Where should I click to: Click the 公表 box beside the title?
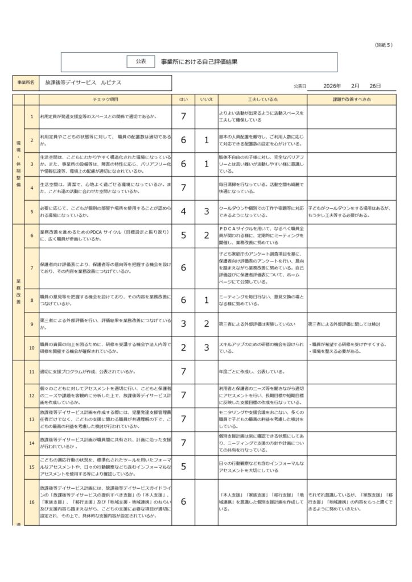click(141, 60)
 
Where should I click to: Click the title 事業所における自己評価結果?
click(199, 61)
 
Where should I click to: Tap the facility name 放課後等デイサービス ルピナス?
click(84, 82)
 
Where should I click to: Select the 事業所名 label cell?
click(25, 83)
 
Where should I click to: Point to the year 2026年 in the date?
click(331, 86)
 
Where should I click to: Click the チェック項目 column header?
click(105, 99)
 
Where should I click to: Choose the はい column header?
click(183, 99)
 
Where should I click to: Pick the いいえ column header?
click(207, 99)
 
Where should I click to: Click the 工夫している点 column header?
click(262, 99)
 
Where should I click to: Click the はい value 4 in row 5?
click(183, 211)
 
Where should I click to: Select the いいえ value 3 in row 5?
click(207, 211)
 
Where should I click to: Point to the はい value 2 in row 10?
click(183, 348)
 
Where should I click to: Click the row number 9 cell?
click(32, 324)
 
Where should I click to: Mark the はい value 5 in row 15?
click(183, 467)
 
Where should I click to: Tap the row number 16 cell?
click(32, 502)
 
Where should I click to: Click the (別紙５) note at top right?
click(384, 44)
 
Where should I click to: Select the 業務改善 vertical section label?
click(18, 292)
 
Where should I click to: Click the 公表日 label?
click(300, 86)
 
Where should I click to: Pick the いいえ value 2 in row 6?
click(207, 235)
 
